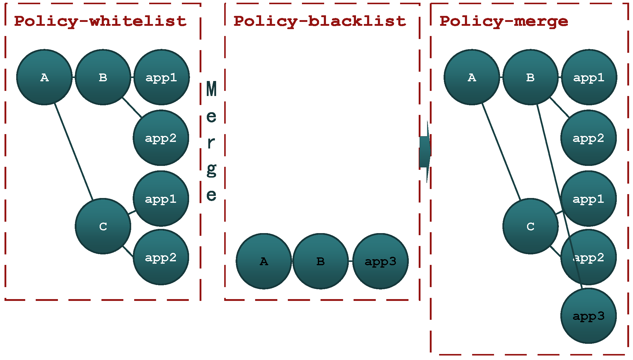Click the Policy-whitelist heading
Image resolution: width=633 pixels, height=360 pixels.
(x=100, y=21)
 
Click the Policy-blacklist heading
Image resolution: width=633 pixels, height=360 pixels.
(x=320, y=21)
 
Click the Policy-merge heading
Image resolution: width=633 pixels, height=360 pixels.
(x=504, y=21)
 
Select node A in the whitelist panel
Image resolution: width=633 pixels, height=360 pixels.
(x=44, y=77)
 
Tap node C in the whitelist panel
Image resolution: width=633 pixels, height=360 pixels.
(x=103, y=226)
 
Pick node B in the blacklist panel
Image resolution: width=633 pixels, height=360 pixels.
(x=321, y=261)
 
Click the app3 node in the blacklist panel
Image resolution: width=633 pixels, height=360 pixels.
(x=380, y=261)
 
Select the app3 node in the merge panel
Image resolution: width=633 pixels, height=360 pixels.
(x=588, y=316)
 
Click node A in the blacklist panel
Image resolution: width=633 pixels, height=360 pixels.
(x=264, y=261)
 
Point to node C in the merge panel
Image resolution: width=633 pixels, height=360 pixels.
(x=530, y=226)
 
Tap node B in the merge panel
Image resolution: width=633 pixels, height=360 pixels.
(x=530, y=77)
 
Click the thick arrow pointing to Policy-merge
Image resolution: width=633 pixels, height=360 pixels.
(x=425, y=151)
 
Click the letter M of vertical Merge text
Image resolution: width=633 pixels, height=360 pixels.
(x=212, y=89)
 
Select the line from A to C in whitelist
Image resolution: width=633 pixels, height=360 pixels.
(x=74, y=151)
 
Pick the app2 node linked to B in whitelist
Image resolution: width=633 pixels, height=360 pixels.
(x=161, y=138)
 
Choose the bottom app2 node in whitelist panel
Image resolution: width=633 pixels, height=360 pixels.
(x=161, y=257)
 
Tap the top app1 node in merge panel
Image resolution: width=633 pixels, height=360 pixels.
(x=589, y=77)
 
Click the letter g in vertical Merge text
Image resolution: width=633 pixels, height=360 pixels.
(x=212, y=169)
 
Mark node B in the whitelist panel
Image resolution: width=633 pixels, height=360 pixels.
(x=103, y=77)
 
